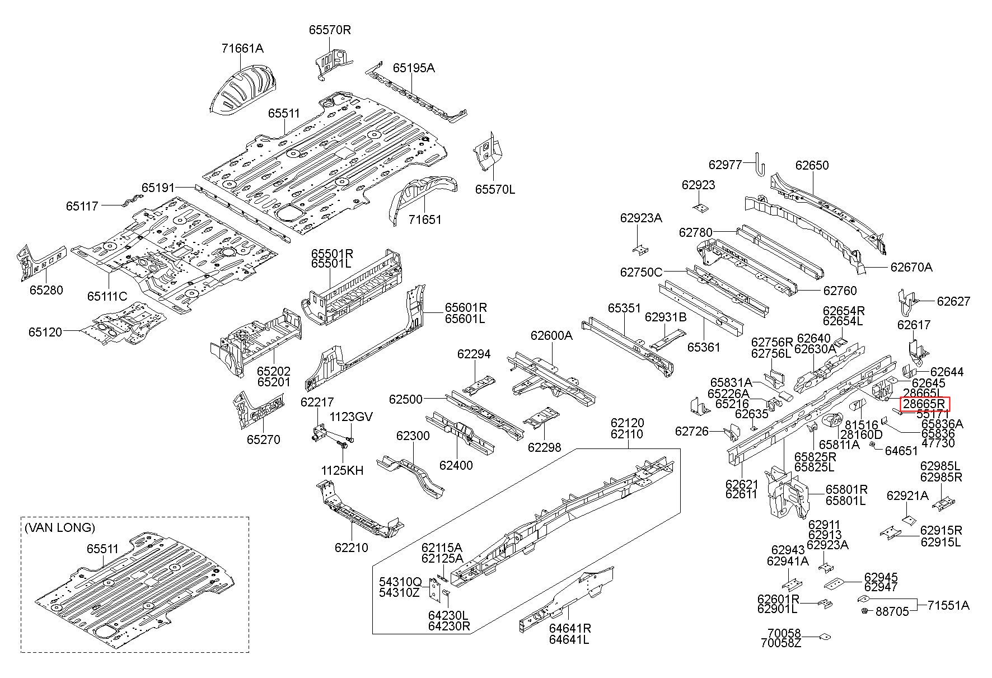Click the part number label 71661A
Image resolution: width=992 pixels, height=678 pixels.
[x=242, y=49]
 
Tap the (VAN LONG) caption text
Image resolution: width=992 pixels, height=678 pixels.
[x=60, y=527]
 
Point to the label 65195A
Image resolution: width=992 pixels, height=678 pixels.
[x=414, y=68]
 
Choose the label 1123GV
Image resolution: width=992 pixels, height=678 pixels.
[x=350, y=417]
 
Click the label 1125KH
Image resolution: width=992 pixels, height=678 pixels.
[x=342, y=471]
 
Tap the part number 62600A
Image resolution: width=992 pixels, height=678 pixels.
[x=552, y=335]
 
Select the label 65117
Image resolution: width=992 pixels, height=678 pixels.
[x=82, y=206]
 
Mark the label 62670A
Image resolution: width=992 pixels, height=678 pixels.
[x=911, y=268]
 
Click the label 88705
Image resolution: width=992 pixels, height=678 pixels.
[x=892, y=612]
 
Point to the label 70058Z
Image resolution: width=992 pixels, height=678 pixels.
[x=781, y=643]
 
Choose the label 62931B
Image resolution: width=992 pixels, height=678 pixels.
[x=666, y=317]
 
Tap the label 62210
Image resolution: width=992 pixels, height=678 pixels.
[x=352, y=548]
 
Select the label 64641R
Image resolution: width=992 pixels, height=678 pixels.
[x=570, y=628]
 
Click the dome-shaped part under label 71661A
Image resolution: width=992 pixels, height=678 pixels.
[x=242, y=90]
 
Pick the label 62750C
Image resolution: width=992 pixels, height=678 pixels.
[x=641, y=273]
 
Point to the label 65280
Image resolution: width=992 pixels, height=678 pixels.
[x=46, y=290]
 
